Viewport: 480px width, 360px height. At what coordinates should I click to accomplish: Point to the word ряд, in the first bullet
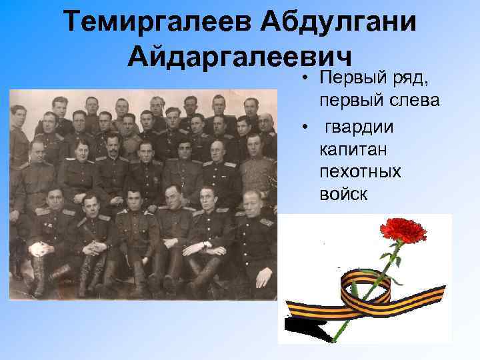[x=409, y=79]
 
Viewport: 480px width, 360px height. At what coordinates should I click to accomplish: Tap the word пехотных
[x=360, y=171]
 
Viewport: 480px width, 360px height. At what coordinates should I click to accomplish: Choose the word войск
[x=343, y=194]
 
